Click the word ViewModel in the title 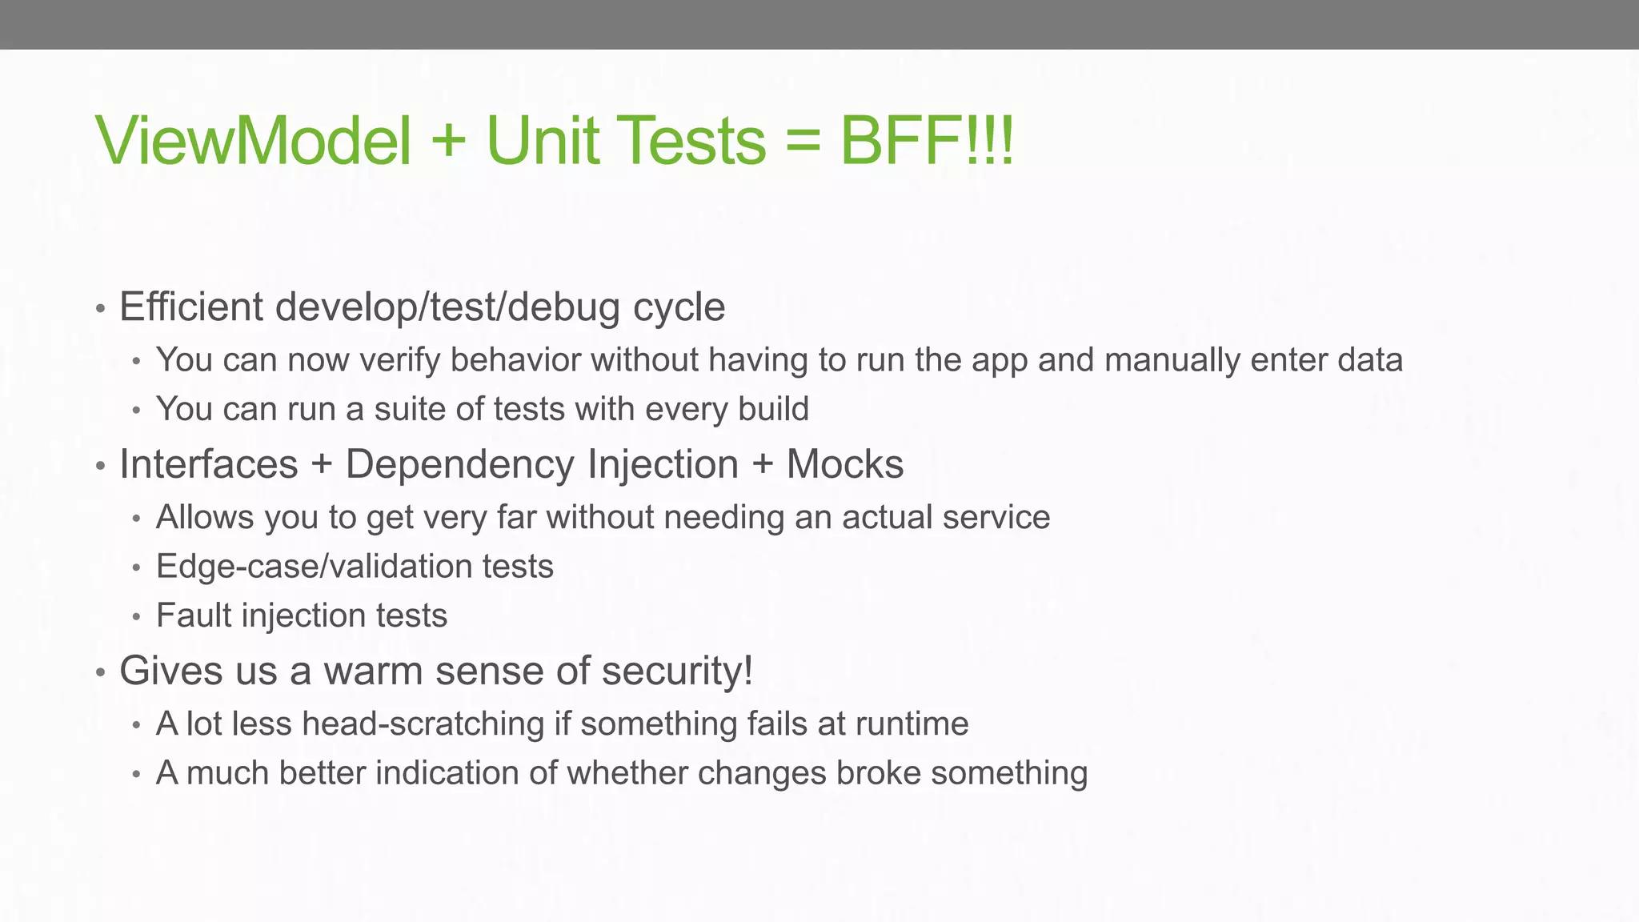[254, 141]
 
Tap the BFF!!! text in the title [927, 141]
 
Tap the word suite [409, 409]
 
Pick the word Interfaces [208, 464]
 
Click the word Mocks [844, 464]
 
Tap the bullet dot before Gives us [101, 672]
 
